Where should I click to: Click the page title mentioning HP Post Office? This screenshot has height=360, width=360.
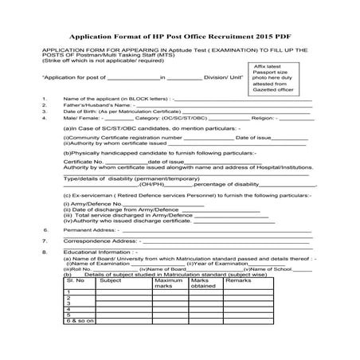click(x=181, y=37)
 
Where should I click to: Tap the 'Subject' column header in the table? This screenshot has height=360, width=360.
click(x=112, y=281)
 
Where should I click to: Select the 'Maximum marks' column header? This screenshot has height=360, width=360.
click(x=169, y=284)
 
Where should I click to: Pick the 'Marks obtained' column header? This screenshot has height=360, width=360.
click(x=205, y=284)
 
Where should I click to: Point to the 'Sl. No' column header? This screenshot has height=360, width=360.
click(x=76, y=281)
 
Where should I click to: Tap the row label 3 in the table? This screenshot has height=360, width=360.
click(x=70, y=303)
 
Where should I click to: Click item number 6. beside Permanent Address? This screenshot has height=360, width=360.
click(x=45, y=229)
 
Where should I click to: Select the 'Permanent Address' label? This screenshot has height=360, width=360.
click(x=88, y=229)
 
